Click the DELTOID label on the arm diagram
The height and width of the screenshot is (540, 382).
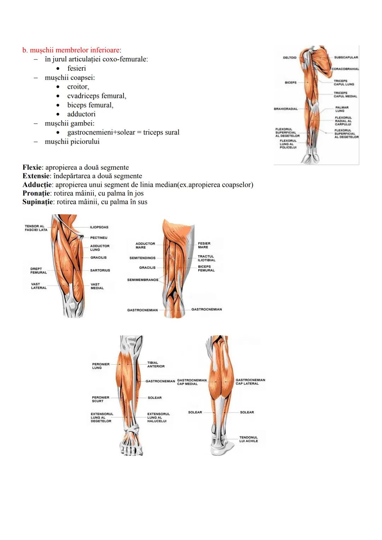point(289,57)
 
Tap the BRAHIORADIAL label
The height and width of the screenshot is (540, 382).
point(285,109)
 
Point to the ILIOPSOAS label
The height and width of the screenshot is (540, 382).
point(99,227)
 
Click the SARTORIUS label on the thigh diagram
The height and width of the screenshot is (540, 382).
point(100,270)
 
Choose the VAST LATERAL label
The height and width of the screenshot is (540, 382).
point(39,286)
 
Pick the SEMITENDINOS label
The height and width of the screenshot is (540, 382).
point(142,258)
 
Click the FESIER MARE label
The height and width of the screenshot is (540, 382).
point(204,245)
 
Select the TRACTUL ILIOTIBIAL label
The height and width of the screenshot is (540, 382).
point(206,258)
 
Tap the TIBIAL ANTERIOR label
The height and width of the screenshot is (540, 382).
point(156,364)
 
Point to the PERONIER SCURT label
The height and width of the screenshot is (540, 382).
point(100,399)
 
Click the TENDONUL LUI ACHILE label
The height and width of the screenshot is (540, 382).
point(248,439)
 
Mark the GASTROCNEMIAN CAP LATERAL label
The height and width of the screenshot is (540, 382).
point(250,382)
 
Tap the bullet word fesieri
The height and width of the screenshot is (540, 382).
point(76,68)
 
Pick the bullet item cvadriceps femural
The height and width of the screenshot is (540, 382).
point(97,96)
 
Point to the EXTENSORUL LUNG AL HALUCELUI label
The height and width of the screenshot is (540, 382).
point(158,417)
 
